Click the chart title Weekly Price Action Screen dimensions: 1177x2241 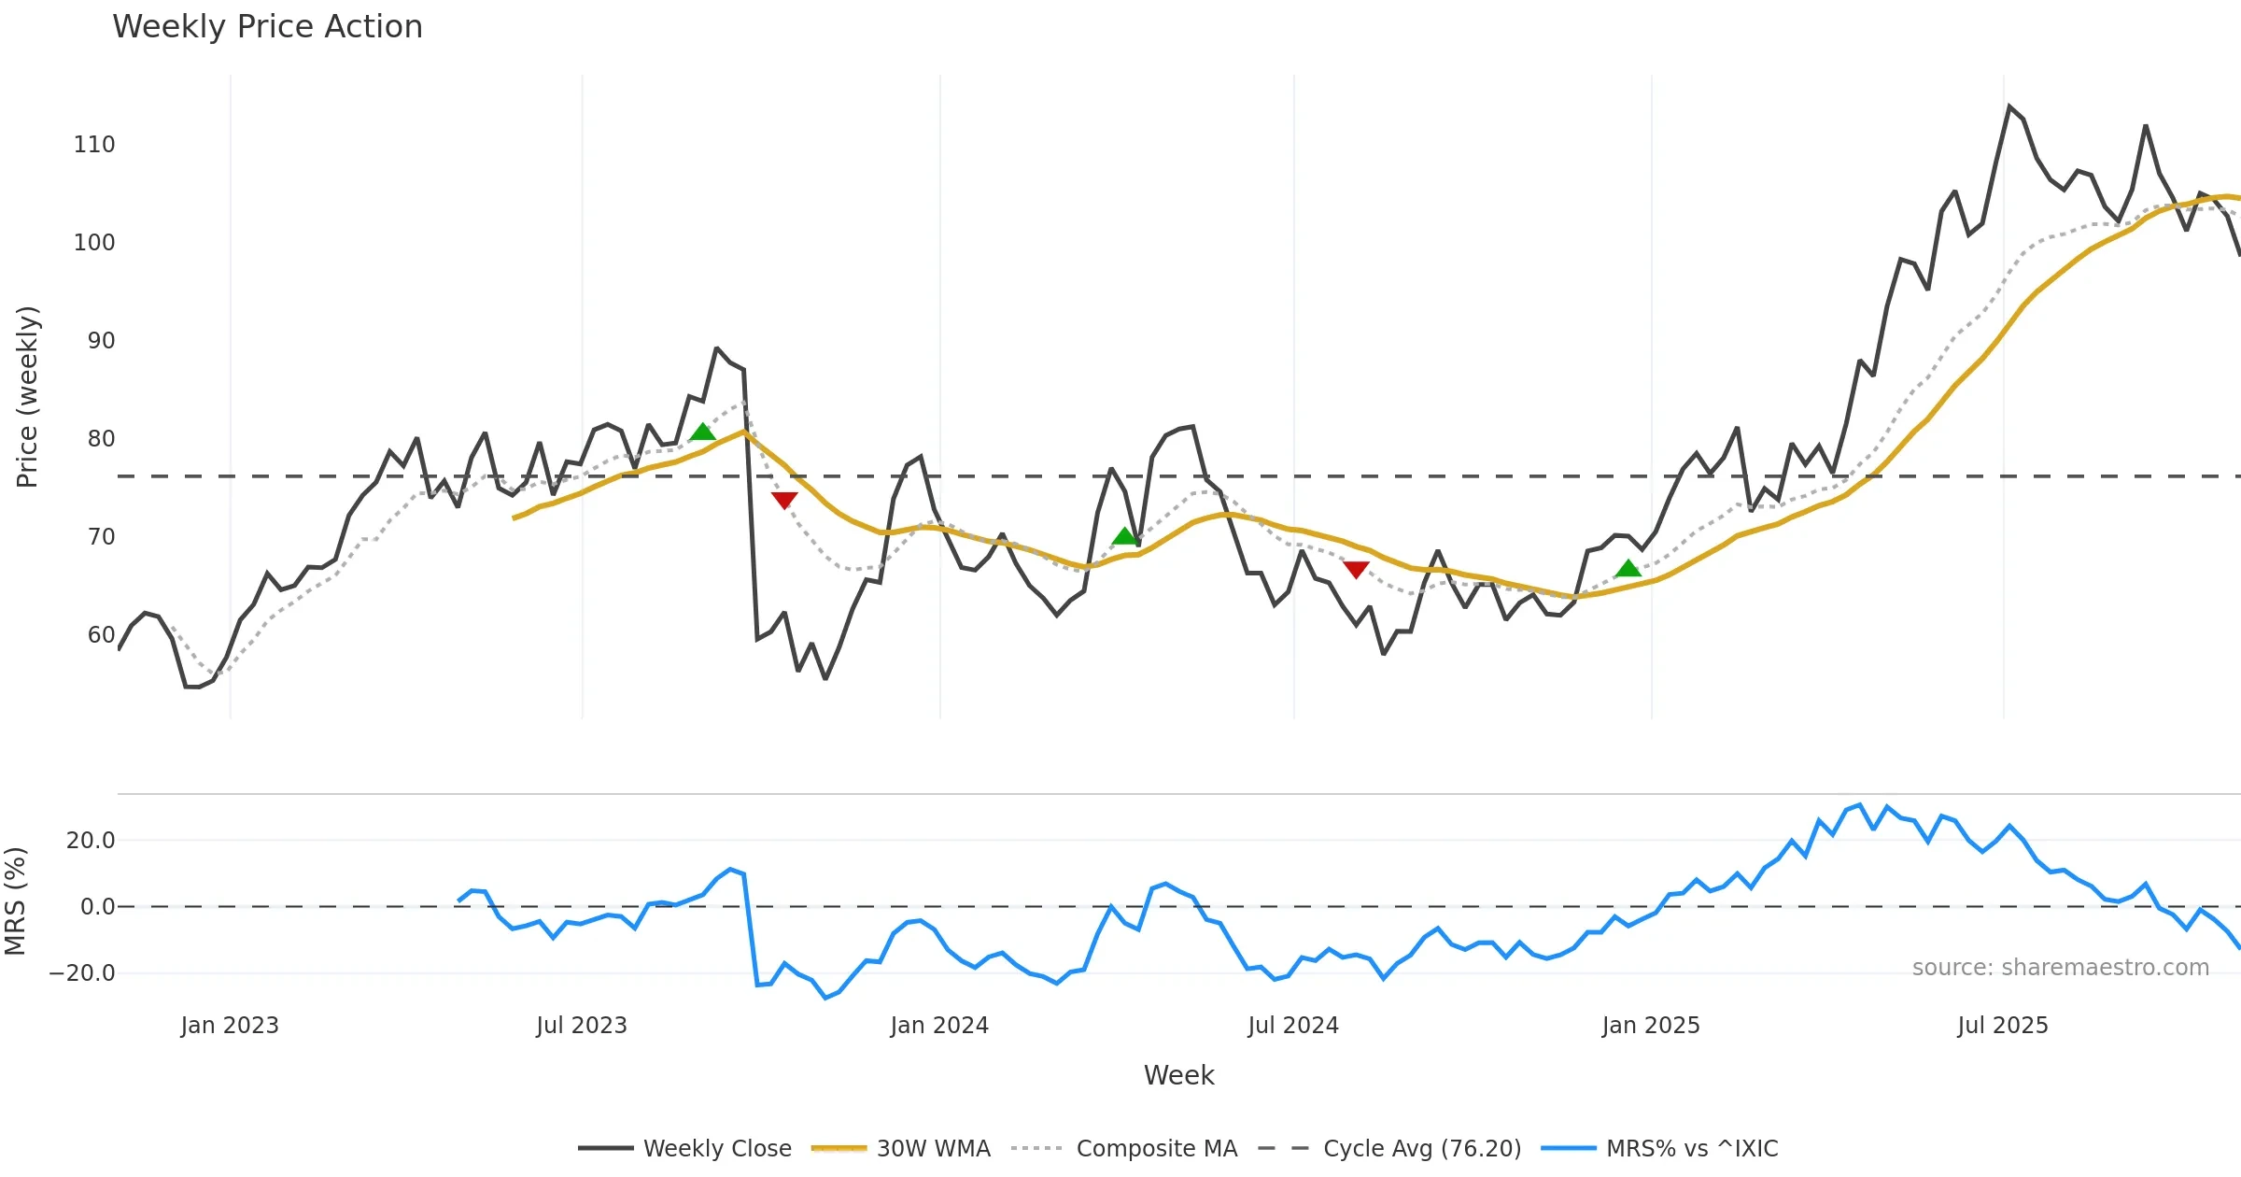coord(267,27)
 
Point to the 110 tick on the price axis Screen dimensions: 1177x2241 coord(94,145)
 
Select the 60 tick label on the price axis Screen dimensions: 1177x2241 coord(101,635)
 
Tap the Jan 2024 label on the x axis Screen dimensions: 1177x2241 coord(939,1026)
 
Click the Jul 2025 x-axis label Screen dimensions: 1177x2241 coord(2003,1026)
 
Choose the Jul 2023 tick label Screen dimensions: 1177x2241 coord(582,1026)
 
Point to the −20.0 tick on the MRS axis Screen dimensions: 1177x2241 coord(82,973)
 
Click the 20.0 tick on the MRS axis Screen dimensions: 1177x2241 coord(91,841)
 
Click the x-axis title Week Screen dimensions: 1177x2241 coord(1178,1076)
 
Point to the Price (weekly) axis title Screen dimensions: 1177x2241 coord(28,397)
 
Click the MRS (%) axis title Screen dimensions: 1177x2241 coord(16,901)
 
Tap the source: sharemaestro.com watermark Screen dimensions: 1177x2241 coord(2060,968)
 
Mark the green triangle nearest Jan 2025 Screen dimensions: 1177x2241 coord(1628,568)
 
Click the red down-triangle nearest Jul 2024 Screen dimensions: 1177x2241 coord(1356,569)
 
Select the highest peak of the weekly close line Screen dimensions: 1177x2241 coord(2008,106)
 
